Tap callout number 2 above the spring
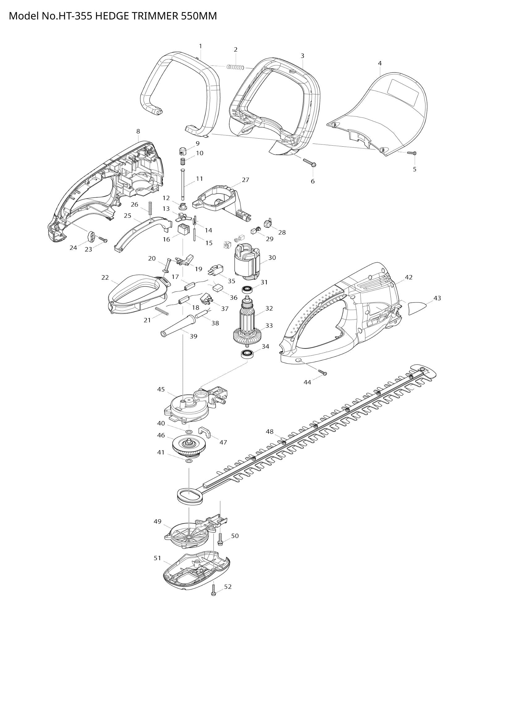[235, 50]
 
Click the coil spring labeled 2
[236, 67]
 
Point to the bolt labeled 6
[310, 162]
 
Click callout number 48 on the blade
[270, 432]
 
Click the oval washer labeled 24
[91, 236]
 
